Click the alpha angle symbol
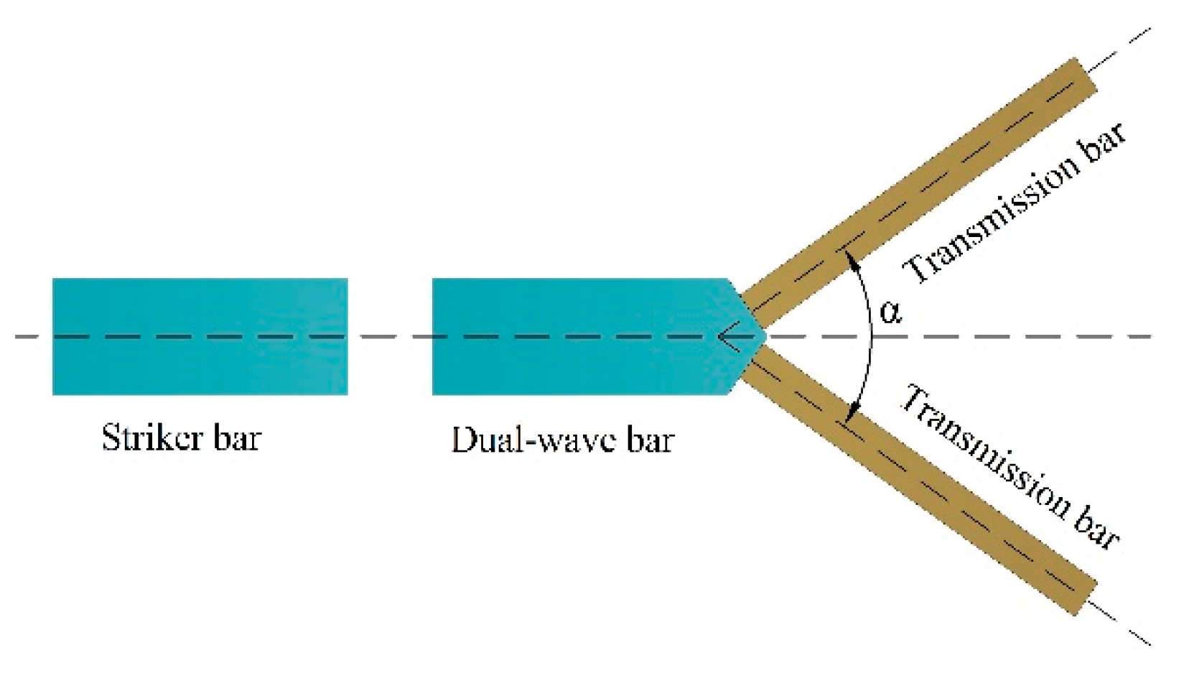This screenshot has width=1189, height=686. [x=890, y=311]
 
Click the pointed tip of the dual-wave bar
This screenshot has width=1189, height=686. [x=765, y=335]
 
